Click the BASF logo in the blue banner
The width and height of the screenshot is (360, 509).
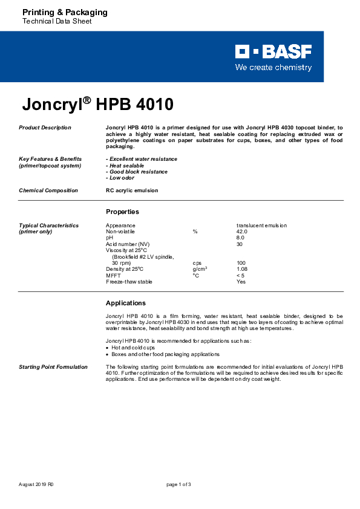pyautogui.click(x=273, y=52)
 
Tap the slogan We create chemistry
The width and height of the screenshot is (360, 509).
pyautogui.click(x=273, y=68)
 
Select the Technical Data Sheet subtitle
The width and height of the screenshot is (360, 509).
pyautogui.click(x=57, y=22)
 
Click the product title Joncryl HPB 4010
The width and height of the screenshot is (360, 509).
pyautogui.click(x=97, y=105)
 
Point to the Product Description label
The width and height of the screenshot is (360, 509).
pyautogui.click(x=45, y=128)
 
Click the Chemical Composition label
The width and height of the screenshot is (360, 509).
pyautogui.click(x=48, y=190)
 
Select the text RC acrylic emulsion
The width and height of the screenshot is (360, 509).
pyautogui.click(x=132, y=190)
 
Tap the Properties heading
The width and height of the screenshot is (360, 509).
pyautogui.click(x=122, y=212)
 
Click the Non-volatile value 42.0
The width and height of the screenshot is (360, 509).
pyautogui.click(x=242, y=232)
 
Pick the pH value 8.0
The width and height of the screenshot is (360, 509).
pyautogui.click(x=240, y=238)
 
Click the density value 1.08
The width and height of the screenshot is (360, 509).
pyautogui.click(x=242, y=269)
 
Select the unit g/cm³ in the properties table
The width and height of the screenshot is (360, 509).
pyautogui.click(x=200, y=269)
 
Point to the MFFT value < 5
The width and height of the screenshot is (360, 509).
pyautogui.click(x=241, y=276)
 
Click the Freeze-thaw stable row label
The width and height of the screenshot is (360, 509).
pyautogui.click(x=129, y=282)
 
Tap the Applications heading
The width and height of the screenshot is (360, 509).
pyautogui.click(x=126, y=303)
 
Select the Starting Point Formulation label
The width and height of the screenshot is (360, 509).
pyautogui.click(x=53, y=367)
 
